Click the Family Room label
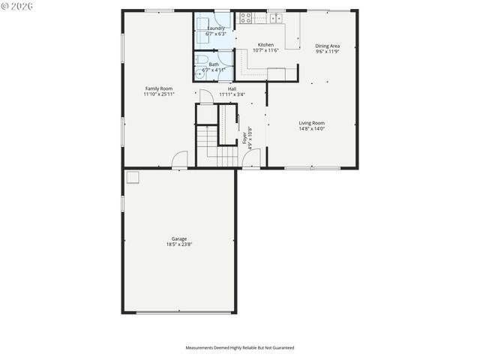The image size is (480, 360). (x=159, y=88)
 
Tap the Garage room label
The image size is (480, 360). (x=178, y=239)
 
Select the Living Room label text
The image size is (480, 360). (x=312, y=123)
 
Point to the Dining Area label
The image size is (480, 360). (x=327, y=46)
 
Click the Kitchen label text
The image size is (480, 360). (x=265, y=45)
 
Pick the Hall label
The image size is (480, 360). (x=232, y=88)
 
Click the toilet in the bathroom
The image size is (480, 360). (x=202, y=61)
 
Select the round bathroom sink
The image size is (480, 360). (x=199, y=74)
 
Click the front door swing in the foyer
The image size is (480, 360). (x=253, y=158)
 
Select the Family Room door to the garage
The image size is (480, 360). (x=179, y=160)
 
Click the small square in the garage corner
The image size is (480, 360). (x=133, y=177)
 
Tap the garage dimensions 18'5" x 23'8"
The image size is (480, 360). (x=178, y=244)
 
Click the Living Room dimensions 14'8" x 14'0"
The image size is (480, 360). (x=312, y=129)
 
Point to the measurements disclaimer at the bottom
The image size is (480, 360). (x=240, y=348)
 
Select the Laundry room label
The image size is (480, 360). (x=216, y=28)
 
